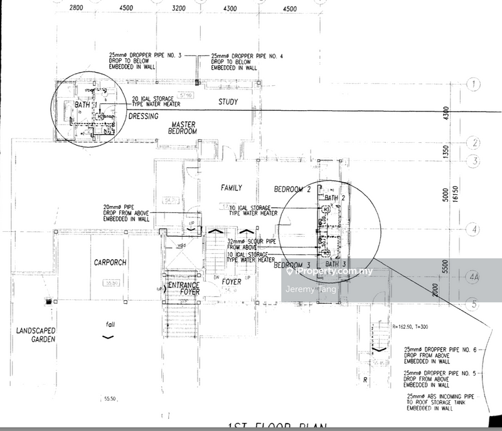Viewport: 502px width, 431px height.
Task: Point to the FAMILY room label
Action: coord(231,187)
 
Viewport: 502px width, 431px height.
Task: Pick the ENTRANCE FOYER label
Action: coord(183,288)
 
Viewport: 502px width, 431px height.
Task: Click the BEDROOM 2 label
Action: coord(293,189)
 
